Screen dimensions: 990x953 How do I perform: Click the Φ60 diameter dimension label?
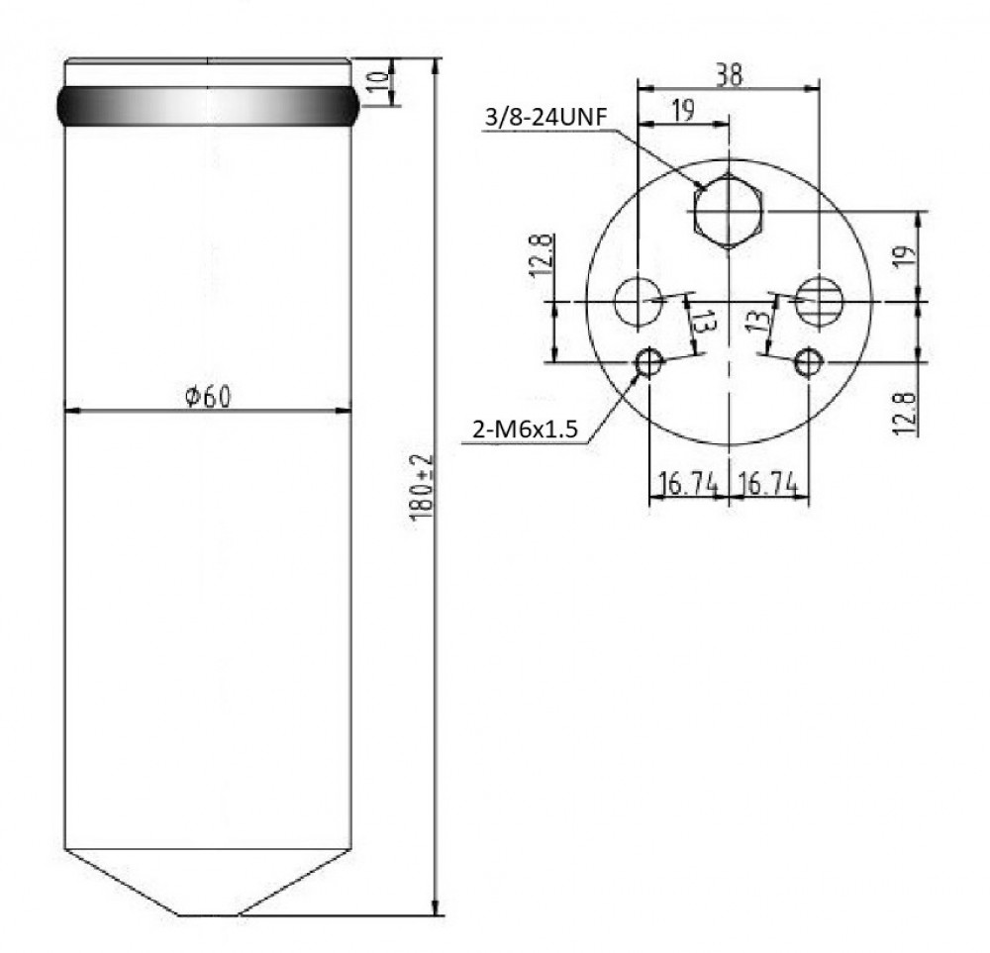pyautogui.click(x=208, y=396)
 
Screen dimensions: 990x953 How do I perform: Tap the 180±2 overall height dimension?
pyautogui.click(x=422, y=487)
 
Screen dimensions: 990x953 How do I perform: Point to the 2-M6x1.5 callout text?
pyautogui.click(x=526, y=429)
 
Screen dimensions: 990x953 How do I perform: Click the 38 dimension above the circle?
pyautogui.click(x=730, y=74)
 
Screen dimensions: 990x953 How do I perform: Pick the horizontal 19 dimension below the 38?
pyautogui.click(x=683, y=111)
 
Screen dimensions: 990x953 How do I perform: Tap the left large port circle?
pyautogui.click(x=639, y=301)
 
